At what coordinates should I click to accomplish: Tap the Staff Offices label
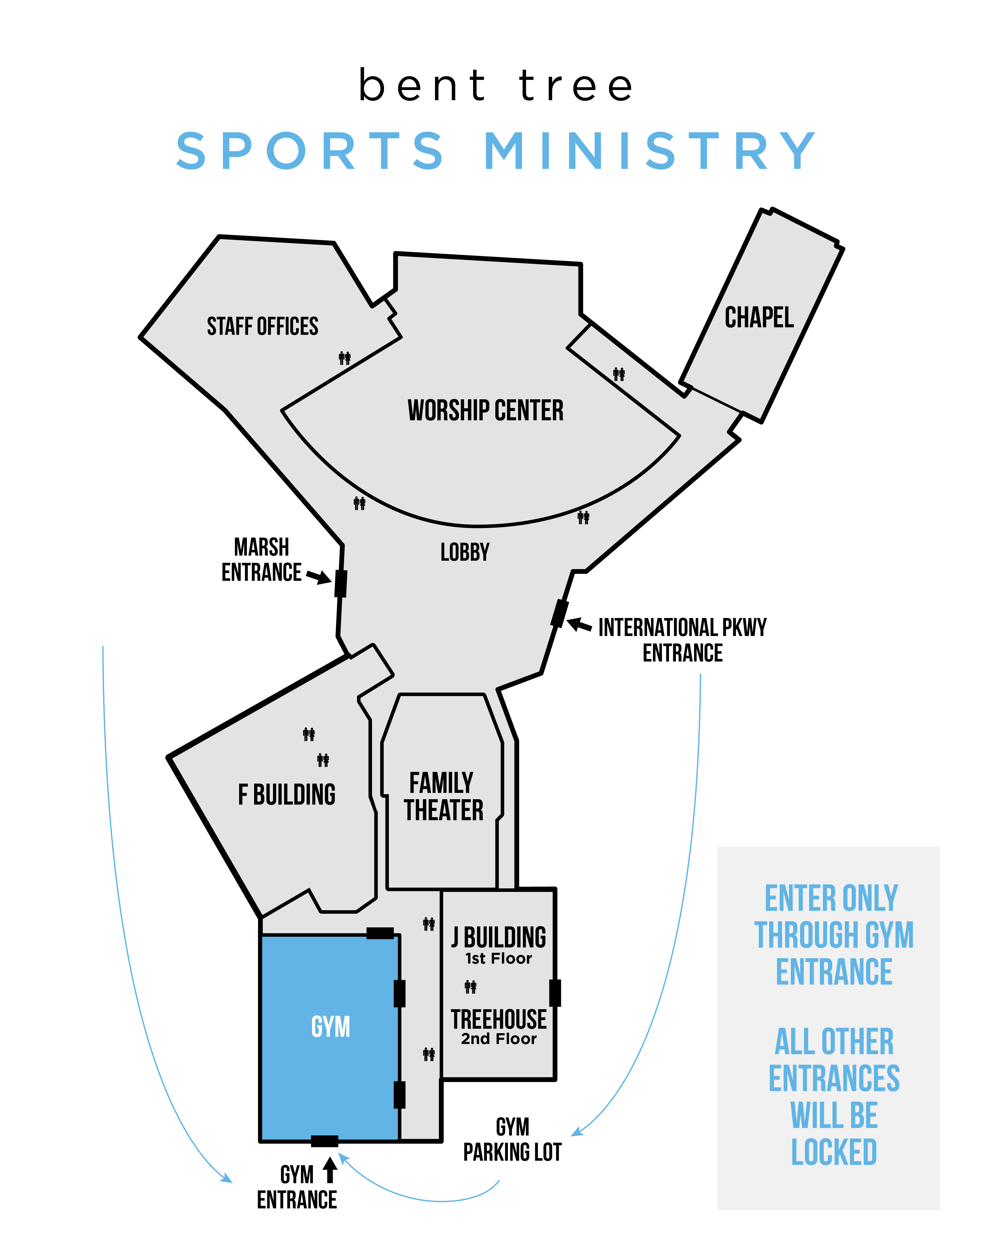(262, 326)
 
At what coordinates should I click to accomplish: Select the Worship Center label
(485, 410)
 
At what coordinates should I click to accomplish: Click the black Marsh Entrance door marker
(341, 583)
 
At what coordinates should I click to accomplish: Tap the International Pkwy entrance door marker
(559, 613)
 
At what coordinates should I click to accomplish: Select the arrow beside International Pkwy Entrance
(579, 625)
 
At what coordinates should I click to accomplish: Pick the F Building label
(287, 795)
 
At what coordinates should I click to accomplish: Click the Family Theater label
(443, 797)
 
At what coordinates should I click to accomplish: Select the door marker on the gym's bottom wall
(325, 1141)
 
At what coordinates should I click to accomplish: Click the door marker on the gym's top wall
(380, 933)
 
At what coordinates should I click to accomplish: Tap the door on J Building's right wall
(555, 993)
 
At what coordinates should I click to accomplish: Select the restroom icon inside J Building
(471, 986)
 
